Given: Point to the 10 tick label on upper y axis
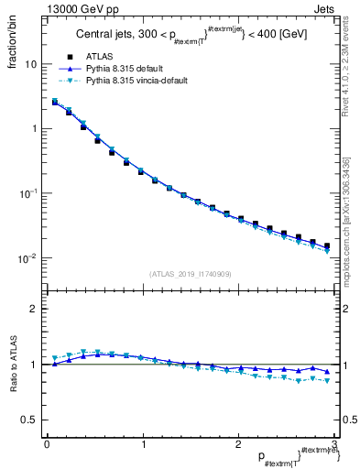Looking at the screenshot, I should click(30, 65).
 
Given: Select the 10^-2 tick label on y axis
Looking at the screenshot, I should click(28, 258).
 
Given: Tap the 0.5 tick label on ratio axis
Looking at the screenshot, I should click(31, 420).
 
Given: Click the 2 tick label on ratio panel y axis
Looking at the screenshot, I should click(35, 309).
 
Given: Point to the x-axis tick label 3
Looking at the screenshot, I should click(334, 443).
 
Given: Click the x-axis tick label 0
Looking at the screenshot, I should click(47, 443).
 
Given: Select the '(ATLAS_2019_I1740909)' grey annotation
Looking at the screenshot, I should click(190, 273).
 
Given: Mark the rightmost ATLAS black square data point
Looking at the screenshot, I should click(326, 245).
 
